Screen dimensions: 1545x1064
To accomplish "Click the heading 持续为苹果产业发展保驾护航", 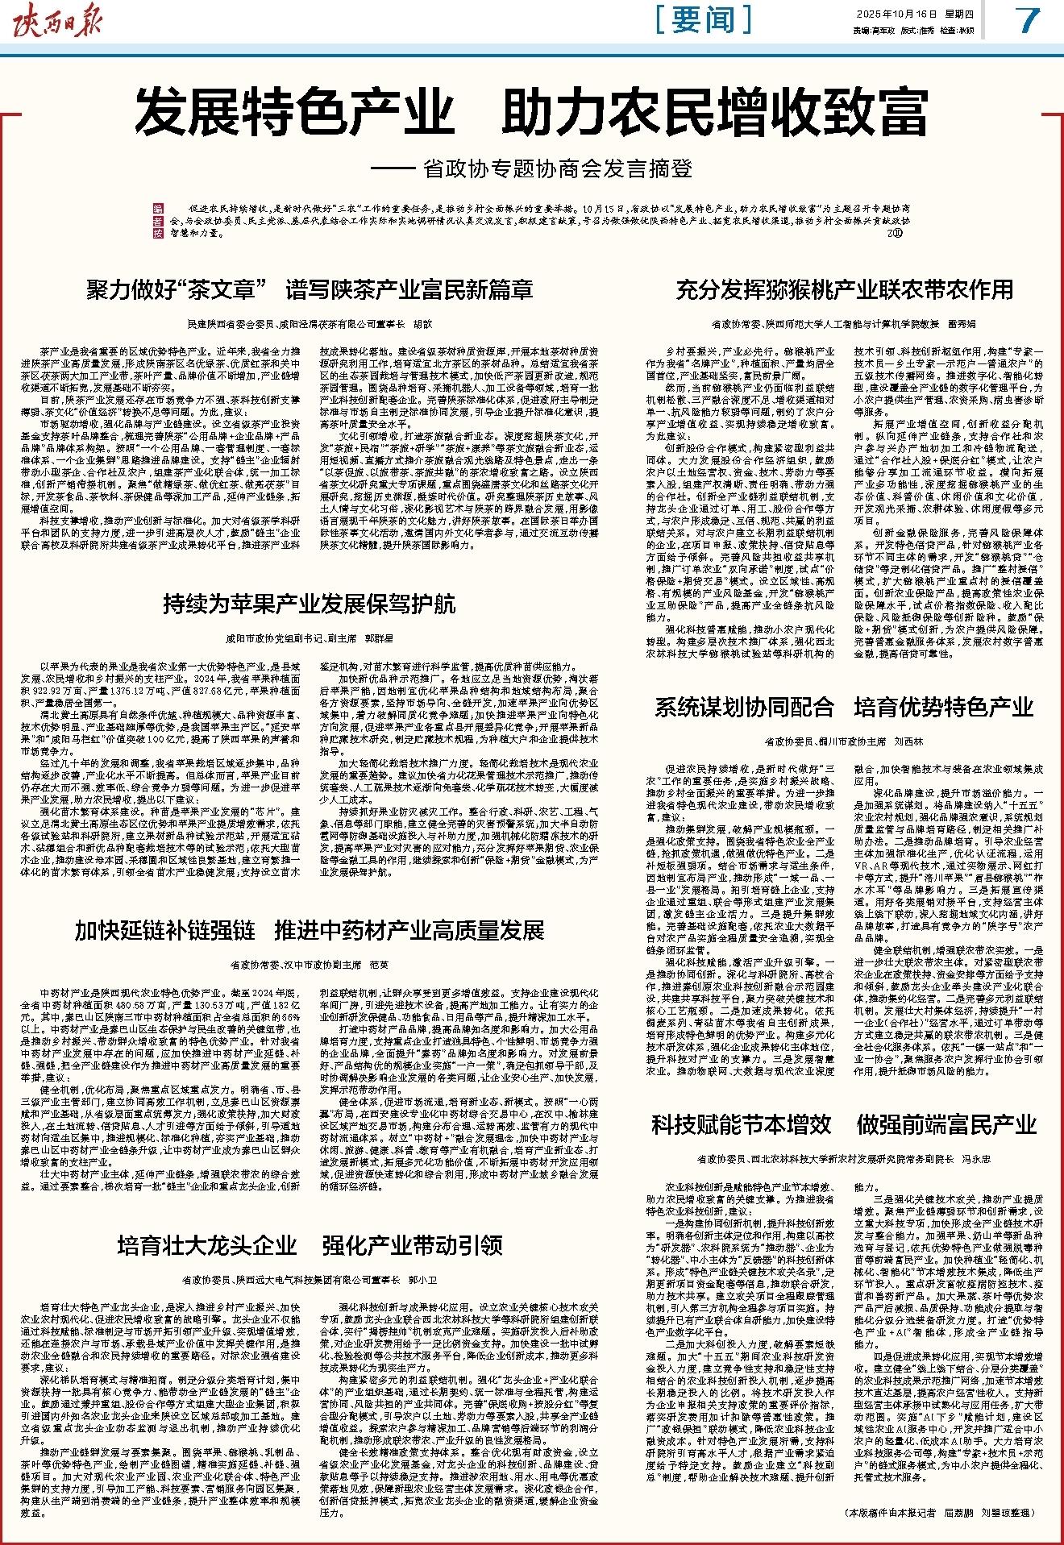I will click(x=310, y=604).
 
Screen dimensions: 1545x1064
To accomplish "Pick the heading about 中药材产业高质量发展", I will click(x=310, y=931).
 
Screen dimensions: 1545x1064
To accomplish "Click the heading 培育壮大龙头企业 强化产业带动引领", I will click(x=310, y=1245).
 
